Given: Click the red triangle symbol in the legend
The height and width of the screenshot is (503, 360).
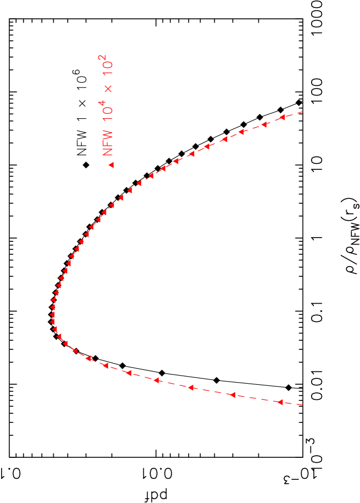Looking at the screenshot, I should (x=111, y=165).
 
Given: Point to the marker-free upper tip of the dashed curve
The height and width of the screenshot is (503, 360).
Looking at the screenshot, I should (x=304, y=111).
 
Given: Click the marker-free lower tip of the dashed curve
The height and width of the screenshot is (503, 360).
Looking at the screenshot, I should (x=304, y=405).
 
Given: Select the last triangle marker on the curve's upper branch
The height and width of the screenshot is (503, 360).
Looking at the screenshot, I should (x=281, y=117).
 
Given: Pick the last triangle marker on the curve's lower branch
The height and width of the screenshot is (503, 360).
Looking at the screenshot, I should (x=280, y=402).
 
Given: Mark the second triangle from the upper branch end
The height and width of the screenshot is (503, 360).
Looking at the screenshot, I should (x=264, y=125).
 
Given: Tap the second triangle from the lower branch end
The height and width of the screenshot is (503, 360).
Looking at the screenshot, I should (x=232, y=395).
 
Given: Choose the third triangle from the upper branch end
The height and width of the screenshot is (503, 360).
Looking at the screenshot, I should (x=241, y=132).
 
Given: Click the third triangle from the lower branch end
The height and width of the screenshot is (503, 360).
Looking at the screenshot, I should (x=190, y=387).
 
